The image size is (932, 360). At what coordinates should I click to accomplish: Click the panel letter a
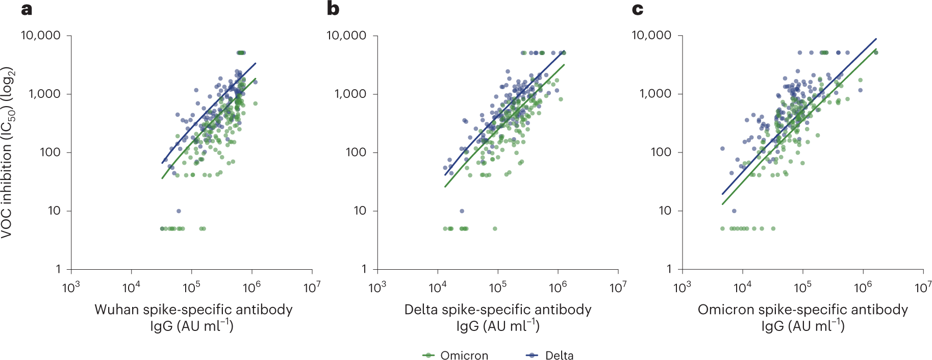tap(27, 9)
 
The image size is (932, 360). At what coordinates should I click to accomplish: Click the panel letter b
tap(333, 9)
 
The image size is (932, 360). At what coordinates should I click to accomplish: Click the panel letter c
tap(637, 9)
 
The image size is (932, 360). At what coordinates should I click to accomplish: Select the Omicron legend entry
tap(464, 355)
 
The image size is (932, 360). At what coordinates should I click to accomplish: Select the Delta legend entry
tap(559, 355)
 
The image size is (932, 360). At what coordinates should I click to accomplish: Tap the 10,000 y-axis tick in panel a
tap(40, 35)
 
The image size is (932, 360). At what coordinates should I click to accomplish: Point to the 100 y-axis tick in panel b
tap(356, 152)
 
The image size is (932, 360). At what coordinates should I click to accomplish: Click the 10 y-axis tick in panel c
tap(665, 210)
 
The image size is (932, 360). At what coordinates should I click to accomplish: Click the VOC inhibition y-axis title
tap(8, 153)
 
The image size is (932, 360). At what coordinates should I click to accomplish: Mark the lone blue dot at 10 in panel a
tap(179, 211)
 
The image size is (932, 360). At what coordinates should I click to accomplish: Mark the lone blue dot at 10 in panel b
tap(462, 211)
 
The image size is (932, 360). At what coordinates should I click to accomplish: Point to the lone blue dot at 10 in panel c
tap(734, 211)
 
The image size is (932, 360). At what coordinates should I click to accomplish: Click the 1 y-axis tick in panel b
tap(364, 269)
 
